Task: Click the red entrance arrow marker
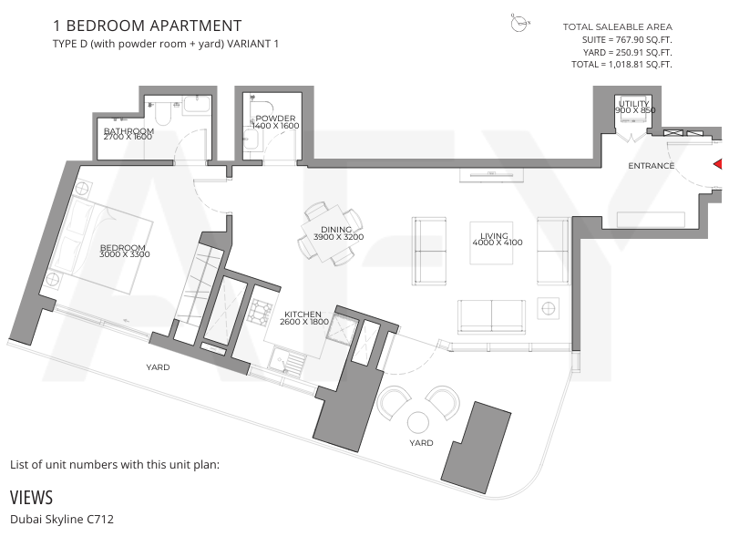(718, 164)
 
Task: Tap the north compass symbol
(519, 22)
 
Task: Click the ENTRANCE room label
(651, 166)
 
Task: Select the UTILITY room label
(633, 103)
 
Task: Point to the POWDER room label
(275, 119)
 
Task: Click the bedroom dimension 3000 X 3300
(125, 254)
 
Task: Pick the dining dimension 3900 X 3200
(338, 237)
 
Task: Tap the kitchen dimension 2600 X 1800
(304, 322)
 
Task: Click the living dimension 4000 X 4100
(498, 243)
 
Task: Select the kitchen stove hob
(260, 312)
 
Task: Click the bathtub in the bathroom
(197, 104)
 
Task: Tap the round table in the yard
(417, 423)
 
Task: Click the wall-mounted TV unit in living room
(491, 175)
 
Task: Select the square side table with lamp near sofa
(549, 308)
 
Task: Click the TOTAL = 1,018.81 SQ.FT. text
(621, 65)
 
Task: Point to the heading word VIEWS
(31, 498)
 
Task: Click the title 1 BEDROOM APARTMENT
(148, 26)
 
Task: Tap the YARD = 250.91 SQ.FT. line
(627, 53)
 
